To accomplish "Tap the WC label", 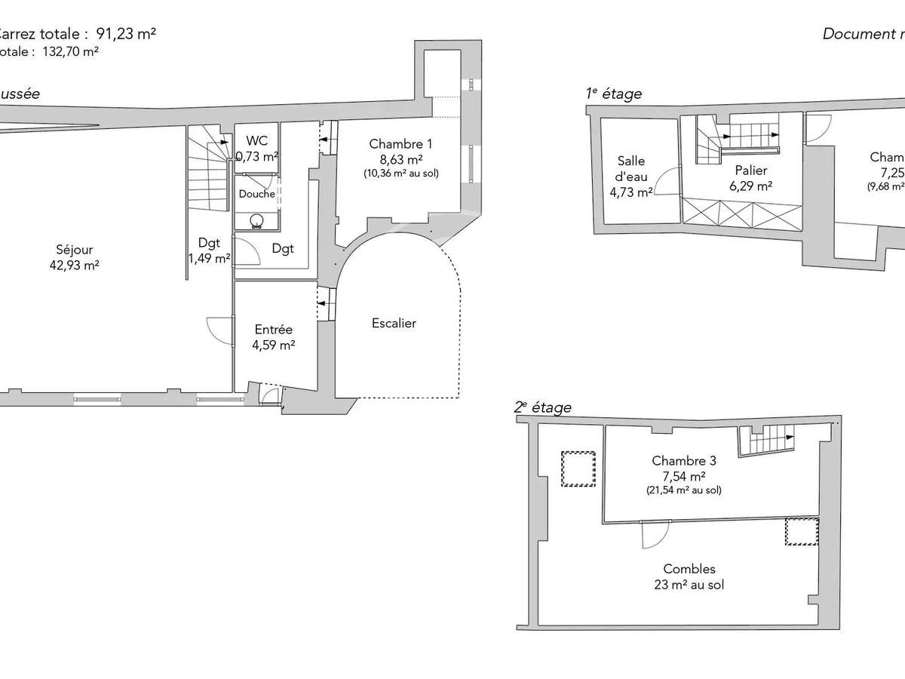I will [x=257, y=141].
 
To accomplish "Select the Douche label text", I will [x=257, y=194].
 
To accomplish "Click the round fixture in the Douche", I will [x=257, y=220].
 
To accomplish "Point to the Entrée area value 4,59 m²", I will [x=274, y=346].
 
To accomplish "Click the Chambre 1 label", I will [x=400, y=144].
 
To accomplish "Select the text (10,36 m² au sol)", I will [x=400, y=174].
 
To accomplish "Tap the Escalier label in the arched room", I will [x=394, y=323].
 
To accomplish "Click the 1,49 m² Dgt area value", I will [x=209, y=259].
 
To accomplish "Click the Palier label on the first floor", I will [x=750, y=171].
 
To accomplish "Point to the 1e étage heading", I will [x=614, y=94].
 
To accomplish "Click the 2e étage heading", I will [x=542, y=407].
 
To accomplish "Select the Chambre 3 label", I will [x=684, y=461].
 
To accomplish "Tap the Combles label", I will [x=689, y=569].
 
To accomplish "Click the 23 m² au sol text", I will [x=689, y=585].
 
